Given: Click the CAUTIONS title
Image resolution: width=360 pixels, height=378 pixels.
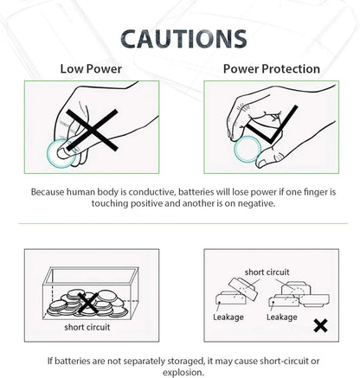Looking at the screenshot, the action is (x=183, y=39).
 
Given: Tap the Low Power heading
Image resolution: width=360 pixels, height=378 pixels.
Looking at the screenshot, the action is (x=91, y=69).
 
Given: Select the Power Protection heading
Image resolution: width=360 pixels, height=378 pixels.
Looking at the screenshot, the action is (x=272, y=69).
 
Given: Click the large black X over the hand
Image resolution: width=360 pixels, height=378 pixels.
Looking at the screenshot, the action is (x=92, y=130).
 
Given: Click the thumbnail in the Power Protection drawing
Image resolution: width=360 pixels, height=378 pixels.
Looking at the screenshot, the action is (x=261, y=163).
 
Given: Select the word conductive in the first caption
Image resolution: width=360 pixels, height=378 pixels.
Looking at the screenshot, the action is (x=152, y=192).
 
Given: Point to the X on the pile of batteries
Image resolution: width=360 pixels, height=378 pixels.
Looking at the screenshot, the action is (x=87, y=303).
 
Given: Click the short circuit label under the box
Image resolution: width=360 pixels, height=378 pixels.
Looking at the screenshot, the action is (x=87, y=327).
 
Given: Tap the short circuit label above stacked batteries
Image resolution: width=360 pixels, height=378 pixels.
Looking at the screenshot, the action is (x=267, y=272).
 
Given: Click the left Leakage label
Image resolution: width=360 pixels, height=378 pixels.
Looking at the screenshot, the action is (x=228, y=317).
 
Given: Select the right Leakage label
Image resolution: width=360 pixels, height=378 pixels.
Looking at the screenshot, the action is (x=281, y=317).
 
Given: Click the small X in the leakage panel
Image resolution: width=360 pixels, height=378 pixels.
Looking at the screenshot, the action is (x=320, y=326).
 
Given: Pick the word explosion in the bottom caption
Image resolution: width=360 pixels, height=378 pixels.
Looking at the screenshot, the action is (x=183, y=372).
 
